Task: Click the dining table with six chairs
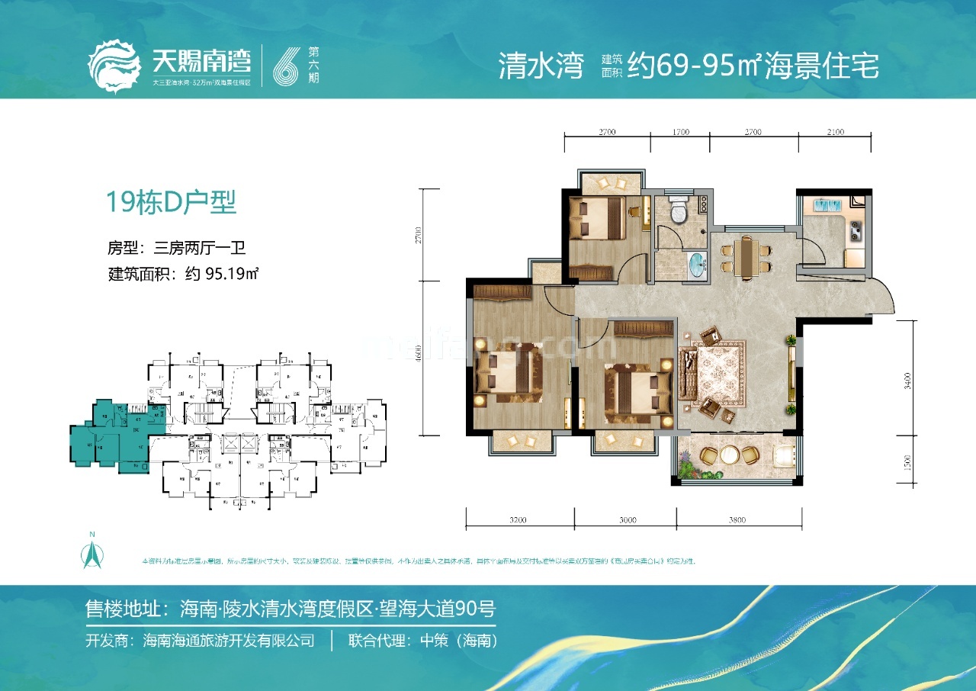(745, 257)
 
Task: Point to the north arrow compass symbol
(91, 551)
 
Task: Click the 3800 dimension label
(737, 521)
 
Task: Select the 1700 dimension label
(680, 132)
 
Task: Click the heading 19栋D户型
(171, 203)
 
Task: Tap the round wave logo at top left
(114, 67)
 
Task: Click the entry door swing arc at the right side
(884, 297)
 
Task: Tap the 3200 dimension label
(518, 521)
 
